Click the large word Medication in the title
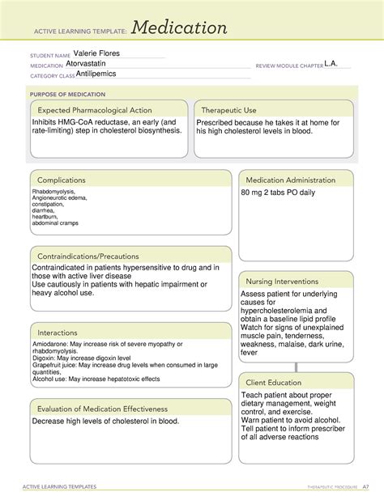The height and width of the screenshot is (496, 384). tap(181, 29)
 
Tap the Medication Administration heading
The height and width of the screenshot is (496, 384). tap(291, 180)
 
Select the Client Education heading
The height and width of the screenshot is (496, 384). tap(275, 383)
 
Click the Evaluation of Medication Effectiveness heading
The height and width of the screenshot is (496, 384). tap(101, 409)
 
